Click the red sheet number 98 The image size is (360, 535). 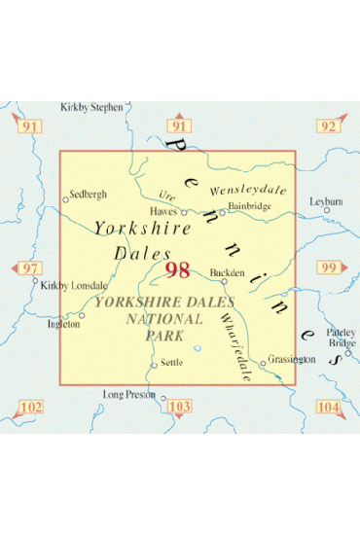(x=178, y=269)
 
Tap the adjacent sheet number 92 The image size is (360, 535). (x=328, y=126)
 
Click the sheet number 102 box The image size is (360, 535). (x=30, y=407)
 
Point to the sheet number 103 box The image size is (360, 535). (x=179, y=407)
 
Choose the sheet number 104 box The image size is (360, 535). (x=328, y=407)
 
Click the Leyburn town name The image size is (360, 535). (x=325, y=201)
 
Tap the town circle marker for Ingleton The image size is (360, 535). (x=82, y=315)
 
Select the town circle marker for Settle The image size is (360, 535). (x=154, y=366)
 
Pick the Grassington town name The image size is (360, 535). (x=292, y=359)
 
